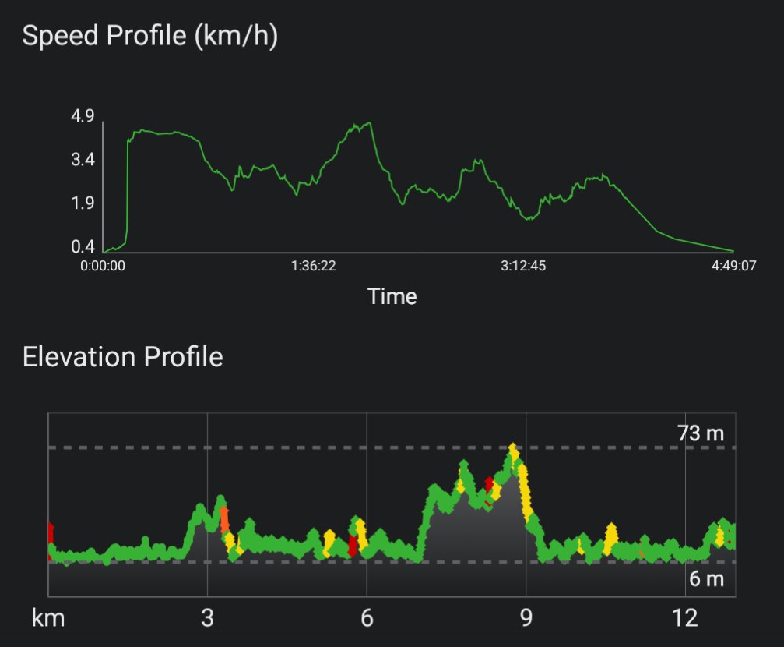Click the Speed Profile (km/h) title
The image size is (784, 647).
point(149,37)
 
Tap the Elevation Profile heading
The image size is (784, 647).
point(122,357)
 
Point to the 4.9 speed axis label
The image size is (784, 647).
point(83,117)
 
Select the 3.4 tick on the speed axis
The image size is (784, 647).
point(83,161)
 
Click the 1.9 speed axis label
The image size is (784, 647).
point(83,204)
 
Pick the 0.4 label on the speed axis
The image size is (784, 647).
point(83,247)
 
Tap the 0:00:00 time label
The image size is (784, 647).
point(103,266)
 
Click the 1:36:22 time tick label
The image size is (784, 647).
point(314,266)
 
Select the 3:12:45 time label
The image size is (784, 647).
point(523,266)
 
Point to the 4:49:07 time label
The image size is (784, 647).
point(733,266)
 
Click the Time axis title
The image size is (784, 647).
point(392,296)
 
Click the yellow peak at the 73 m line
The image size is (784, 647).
point(512,449)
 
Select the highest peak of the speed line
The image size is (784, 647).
point(369,123)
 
